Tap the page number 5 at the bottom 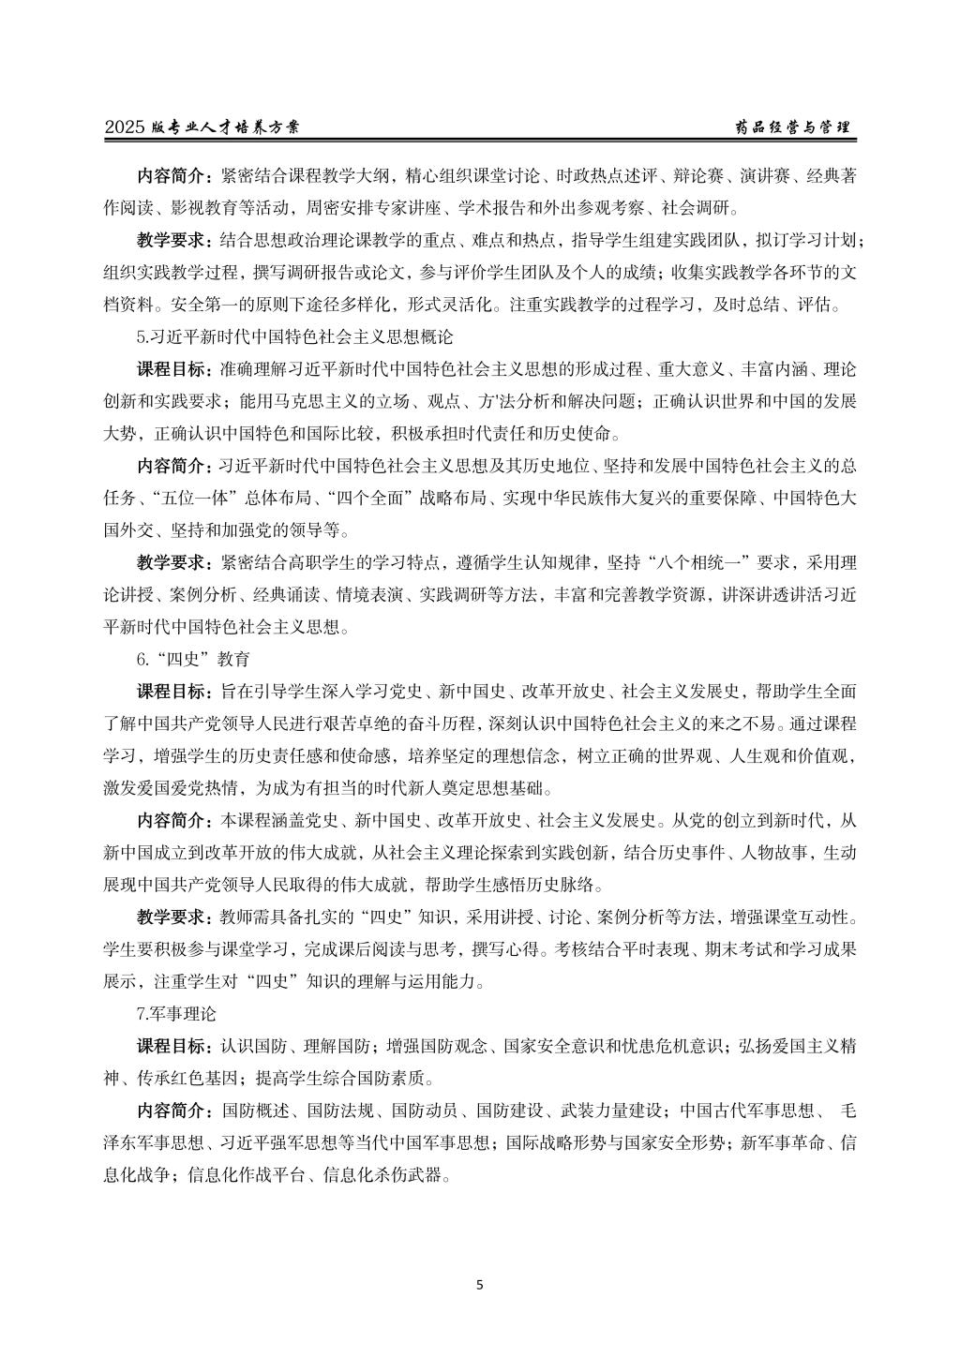tap(480, 1285)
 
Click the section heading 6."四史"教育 tap(192, 660)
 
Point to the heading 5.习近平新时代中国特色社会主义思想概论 tap(294, 335)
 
